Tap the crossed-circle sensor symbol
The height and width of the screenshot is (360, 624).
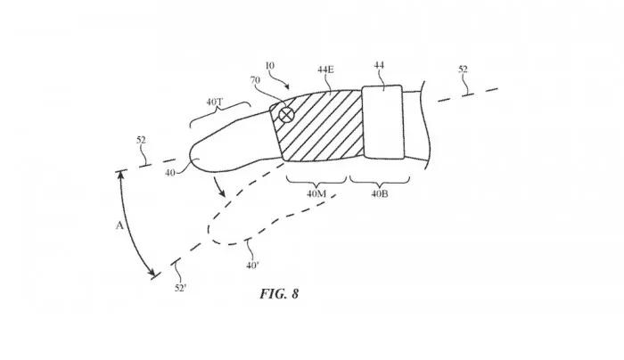coord(286,115)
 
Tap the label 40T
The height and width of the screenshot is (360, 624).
coord(216,102)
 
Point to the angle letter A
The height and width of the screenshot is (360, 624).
coord(119,226)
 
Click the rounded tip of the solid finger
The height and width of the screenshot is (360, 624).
coord(195,158)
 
